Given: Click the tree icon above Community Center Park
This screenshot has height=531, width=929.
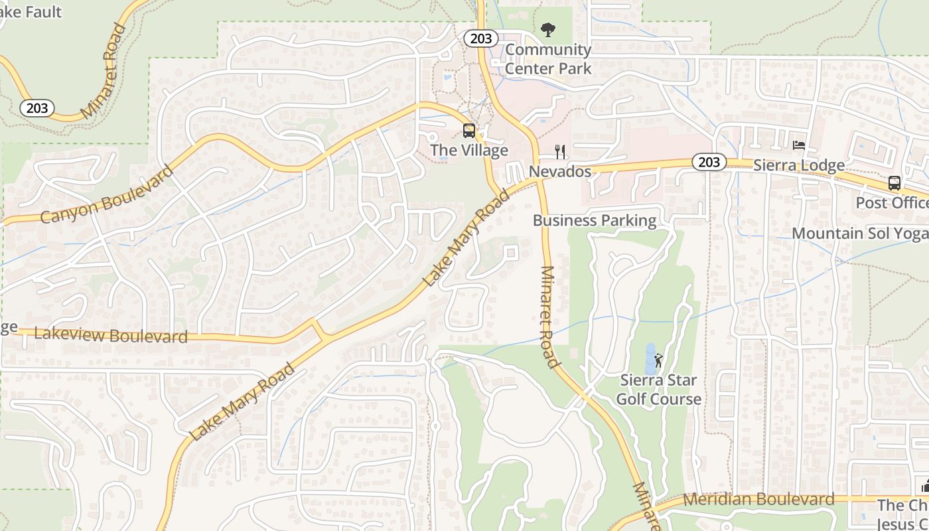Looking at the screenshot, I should tap(548, 29).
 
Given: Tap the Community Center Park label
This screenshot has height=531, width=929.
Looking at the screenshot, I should tap(548, 58).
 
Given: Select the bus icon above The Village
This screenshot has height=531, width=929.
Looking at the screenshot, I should tap(469, 130).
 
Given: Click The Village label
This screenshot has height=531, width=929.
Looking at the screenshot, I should tap(469, 150).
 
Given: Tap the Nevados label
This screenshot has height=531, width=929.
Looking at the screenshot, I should tap(560, 172).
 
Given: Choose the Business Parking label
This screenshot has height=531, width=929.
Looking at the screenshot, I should tap(595, 220).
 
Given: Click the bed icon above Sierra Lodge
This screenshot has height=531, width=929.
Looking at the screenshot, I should tap(799, 145).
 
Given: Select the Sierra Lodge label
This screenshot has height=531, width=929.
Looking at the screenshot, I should tap(799, 165).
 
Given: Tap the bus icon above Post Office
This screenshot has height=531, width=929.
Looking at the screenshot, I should tap(894, 183).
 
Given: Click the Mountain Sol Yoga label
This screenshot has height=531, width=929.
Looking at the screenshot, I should tap(860, 234).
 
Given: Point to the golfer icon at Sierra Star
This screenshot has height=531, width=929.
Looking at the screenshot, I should tap(658, 360).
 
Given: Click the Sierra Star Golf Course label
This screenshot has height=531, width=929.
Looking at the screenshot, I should tap(658, 390).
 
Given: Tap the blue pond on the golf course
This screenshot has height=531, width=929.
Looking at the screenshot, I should tap(650, 358).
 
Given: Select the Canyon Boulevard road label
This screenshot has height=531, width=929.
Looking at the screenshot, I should tap(106, 194).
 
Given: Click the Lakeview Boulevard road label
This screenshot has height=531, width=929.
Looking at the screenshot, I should tap(111, 335).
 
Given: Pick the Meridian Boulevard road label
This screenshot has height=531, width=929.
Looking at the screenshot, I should tap(758, 499).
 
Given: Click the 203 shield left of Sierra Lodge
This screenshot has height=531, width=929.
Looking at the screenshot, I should tap(709, 162).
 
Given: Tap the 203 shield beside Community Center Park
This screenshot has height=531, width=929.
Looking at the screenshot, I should tap(481, 38).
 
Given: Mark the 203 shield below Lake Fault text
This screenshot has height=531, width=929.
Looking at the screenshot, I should tap(36, 108).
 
